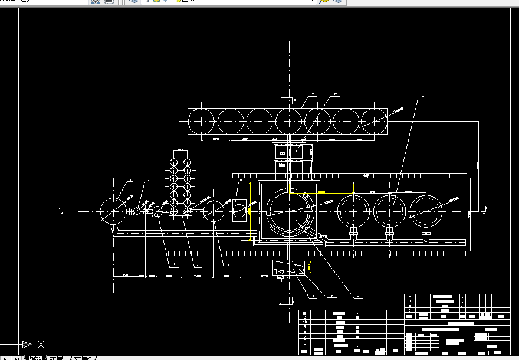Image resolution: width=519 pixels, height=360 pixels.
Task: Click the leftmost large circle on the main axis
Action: [x=113, y=211]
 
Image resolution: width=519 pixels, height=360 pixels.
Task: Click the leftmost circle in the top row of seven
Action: [x=202, y=121]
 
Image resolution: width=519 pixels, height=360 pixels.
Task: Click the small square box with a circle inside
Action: [x=239, y=211]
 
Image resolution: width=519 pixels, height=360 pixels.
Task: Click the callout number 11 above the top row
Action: [x=313, y=94]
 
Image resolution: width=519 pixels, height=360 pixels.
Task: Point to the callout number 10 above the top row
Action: [x=335, y=94]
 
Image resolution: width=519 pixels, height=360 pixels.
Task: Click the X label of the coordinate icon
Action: [x=41, y=344]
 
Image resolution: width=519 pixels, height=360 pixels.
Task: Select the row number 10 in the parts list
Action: [x=305, y=322]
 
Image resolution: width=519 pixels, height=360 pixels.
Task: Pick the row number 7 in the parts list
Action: [x=305, y=336]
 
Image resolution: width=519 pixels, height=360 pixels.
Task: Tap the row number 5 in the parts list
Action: [x=305, y=345]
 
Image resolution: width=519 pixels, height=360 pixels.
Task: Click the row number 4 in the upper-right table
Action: [x=410, y=296]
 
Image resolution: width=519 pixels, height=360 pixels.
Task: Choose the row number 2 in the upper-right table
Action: [x=410, y=306]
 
